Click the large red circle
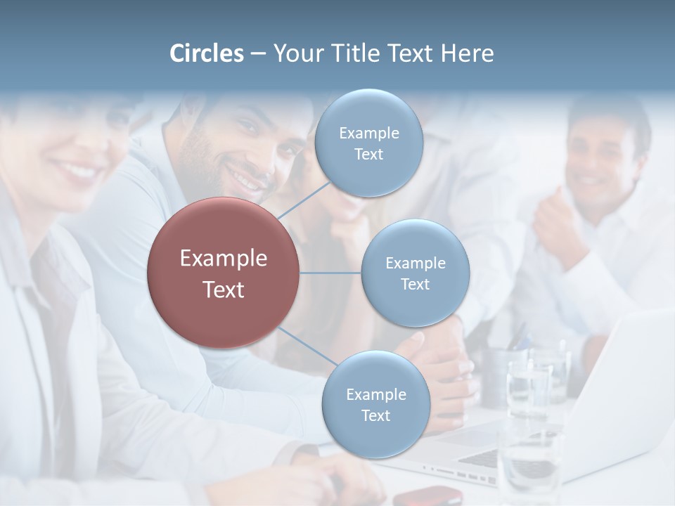[x=224, y=273]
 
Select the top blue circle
[x=368, y=143]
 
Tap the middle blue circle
[x=415, y=273]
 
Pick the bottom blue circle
[x=375, y=404]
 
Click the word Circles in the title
[x=207, y=53]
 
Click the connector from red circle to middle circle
[x=330, y=273]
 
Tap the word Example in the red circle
[x=224, y=259]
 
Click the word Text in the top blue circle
[x=368, y=155]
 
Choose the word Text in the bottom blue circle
[x=375, y=415]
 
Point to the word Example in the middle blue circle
[x=416, y=263]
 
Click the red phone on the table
[x=427, y=495]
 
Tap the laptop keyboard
[x=485, y=458]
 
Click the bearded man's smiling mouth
[x=247, y=182]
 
